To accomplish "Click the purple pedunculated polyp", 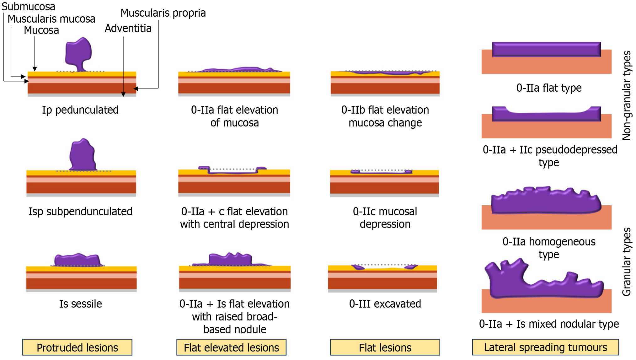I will [x=78, y=52].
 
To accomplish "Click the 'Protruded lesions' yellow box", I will [x=77, y=347].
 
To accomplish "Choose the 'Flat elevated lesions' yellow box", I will [x=231, y=347].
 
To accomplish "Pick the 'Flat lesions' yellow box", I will [x=385, y=347].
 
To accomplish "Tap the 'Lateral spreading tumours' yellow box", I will [x=545, y=347].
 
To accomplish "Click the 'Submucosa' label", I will [x=28, y=6].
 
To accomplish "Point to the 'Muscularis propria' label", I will [x=163, y=13].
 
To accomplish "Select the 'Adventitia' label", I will [x=128, y=28].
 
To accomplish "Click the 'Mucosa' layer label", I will [x=41, y=30].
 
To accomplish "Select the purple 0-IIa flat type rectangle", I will [x=546, y=49].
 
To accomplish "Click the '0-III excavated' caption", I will [x=385, y=304].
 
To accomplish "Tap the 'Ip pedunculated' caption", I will [x=80, y=110].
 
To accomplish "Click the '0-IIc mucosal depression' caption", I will [x=385, y=218].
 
